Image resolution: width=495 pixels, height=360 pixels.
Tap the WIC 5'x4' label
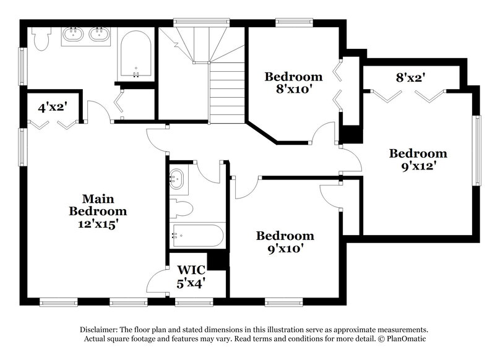191,276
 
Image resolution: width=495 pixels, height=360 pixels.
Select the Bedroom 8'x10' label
293,84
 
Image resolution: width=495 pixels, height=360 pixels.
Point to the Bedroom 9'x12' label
418,160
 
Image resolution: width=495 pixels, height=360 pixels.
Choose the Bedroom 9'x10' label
285,242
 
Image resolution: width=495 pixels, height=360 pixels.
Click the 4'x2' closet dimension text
52,107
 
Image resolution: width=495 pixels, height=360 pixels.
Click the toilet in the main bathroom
41,39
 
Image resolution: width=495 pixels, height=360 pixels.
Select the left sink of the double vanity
73,35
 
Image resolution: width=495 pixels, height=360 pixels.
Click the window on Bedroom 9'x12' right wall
477,150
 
